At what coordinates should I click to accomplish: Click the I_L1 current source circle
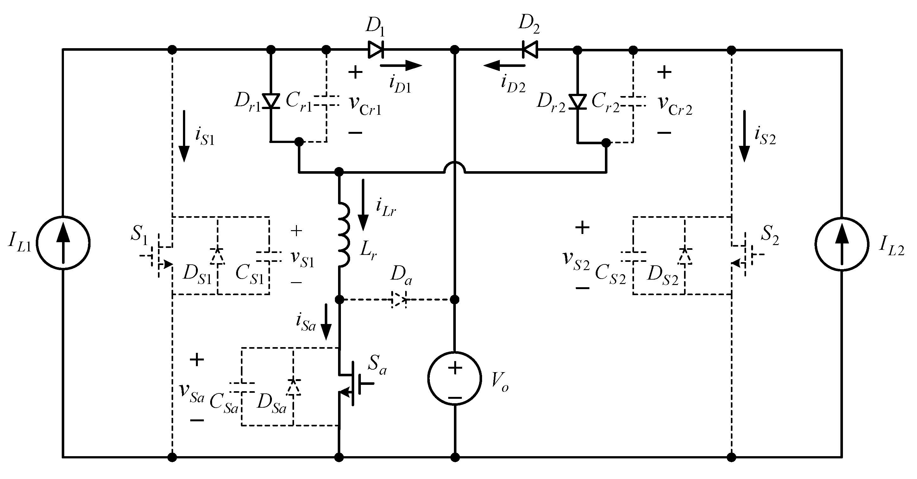pyautogui.click(x=63, y=243)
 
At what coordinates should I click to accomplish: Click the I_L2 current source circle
pyautogui.click(x=842, y=244)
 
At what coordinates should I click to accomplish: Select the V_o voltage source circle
pyautogui.click(x=455, y=379)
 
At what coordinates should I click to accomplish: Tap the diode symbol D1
pyautogui.click(x=375, y=49)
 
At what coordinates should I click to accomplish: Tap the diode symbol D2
pyautogui.click(x=530, y=49)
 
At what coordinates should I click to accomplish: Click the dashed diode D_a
pyautogui.click(x=399, y=300)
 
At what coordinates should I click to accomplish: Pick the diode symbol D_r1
pyautogui.click(x=271, y=101)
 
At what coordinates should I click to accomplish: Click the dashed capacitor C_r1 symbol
pyautogui.click(x=326, y=101)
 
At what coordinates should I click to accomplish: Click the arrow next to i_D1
pyautogui.click(x=401, y=66)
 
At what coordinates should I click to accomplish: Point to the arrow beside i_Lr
pyautogui.click(x=363, y=205)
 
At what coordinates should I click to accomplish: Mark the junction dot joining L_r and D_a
pyautogui.click(x=339, y=299)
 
